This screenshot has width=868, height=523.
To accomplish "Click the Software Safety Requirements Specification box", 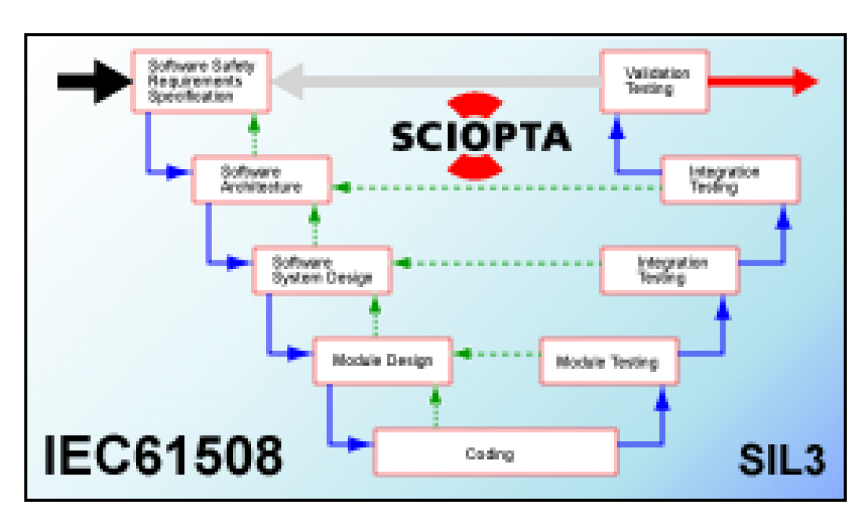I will point(200,81).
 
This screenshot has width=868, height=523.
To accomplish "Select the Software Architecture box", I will point(261,179).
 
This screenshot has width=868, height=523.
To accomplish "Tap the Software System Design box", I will point(322,270).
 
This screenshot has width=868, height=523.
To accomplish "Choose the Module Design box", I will point(382,360).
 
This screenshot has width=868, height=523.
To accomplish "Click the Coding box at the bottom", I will point(495,454).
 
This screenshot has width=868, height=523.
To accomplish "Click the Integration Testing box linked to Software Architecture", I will point(730,179).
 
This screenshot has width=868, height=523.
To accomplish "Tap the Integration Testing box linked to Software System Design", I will point(670,270).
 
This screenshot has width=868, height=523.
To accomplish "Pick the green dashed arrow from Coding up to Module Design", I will point(435,409).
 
